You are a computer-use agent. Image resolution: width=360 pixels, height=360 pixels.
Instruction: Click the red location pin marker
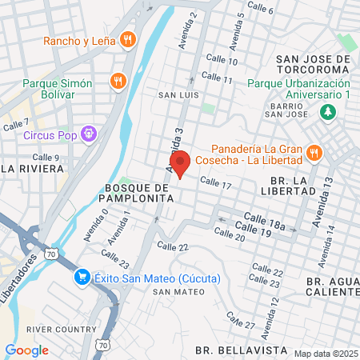tap(181, 163)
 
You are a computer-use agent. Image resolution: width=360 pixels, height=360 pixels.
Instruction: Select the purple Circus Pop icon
tap(89, 134)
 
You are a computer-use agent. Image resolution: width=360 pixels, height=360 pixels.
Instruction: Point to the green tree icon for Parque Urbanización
tap(326, 113)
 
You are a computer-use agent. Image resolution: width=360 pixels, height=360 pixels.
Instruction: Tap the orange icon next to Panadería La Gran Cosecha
tap(315, 153)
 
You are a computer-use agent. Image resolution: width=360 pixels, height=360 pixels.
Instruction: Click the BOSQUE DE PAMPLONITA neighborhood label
tap(134, 191)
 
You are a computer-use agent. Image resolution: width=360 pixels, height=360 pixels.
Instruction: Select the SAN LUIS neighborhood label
tap(177, 95)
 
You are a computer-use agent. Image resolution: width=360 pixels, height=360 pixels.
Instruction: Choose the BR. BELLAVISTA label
tap(230, 350)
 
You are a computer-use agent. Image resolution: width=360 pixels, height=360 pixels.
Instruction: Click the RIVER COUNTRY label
tap(50, 329)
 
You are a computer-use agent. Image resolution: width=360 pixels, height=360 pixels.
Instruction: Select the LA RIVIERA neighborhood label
tap(32, 169)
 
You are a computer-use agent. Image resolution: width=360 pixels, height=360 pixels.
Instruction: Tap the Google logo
tap(26, 350)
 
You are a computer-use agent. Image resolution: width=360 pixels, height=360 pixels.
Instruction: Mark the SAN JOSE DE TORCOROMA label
tap(313, 64)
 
